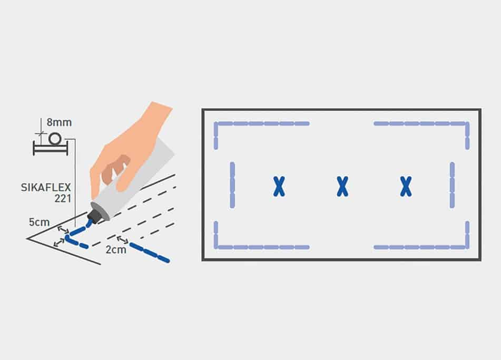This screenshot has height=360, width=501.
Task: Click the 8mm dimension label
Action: pos(59,122)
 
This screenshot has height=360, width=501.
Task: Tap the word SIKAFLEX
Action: pos(46,187)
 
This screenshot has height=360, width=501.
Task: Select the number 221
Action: pos(62,199)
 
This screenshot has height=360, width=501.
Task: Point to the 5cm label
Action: pos(39,222)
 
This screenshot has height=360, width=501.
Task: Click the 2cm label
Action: pos(116,249)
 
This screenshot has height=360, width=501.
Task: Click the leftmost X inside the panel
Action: pos(279,187)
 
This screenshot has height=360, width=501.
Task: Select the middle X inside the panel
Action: pos(342,187)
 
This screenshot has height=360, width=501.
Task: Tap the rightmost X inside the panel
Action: pos(406,187)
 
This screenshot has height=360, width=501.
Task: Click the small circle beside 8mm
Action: pos(55,139)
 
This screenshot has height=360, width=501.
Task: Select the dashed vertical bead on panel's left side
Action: pos(232,186)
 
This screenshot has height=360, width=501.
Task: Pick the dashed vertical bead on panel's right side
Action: pos(452,186)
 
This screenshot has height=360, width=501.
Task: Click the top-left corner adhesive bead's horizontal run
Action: pos(262,123)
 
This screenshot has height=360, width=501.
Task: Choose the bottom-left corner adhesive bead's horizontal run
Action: pos(262,247)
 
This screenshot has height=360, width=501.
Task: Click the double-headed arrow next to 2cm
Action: pos(122,239)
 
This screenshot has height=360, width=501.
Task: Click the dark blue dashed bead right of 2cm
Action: pos(149,253)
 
